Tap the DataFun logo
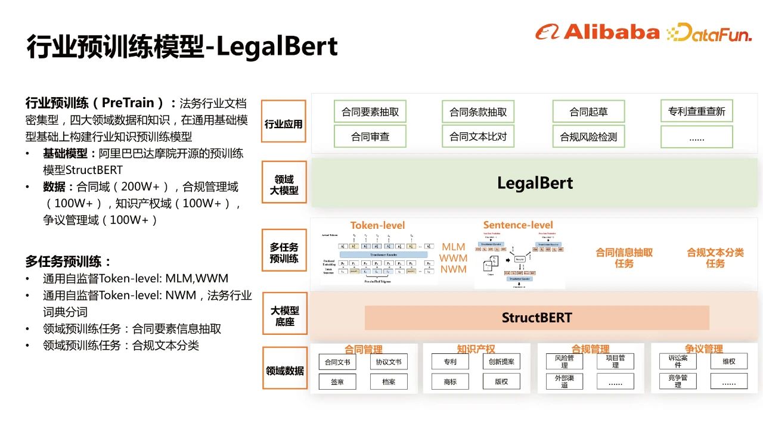click(x=709, y=32)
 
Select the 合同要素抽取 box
click(x=370, y=111)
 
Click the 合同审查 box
click(x=370, y=136)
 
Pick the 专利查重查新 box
click(x=696, y=111)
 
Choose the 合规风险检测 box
click(x=588, y=136)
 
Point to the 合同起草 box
click(x=588, y=111)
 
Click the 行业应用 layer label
click(x=284, y=125)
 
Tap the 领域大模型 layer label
click(x=284, y=185)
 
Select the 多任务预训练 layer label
click(x=284, y=253)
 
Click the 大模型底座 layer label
click(x=284, y=316)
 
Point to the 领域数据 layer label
click(x=284, y=371)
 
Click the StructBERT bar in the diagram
click(x=536, y=318)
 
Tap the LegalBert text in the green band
click(x=535, y=183)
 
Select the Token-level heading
click(x=377, y=225)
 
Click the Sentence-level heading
click(x=518, y=225)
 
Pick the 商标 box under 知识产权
click(x=450, y=381)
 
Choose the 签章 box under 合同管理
click(x=337, y=381)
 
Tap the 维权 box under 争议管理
click(x=728, y=361)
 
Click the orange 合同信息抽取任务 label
click(x=624, y=257)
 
